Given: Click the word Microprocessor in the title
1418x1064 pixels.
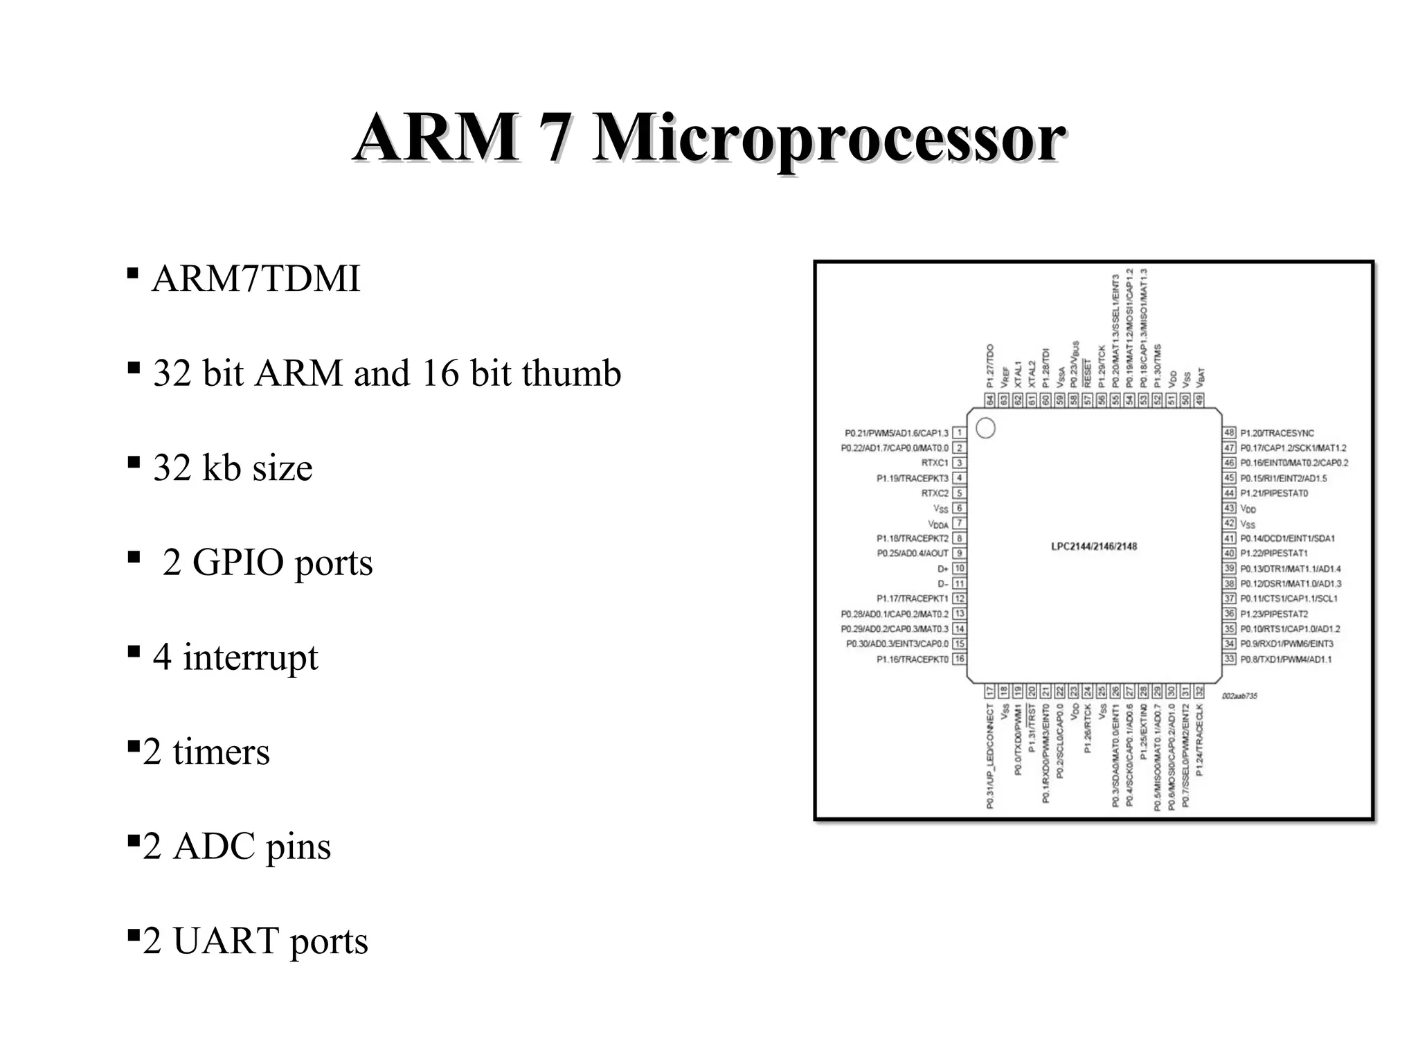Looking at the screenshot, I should pyautogui.click(x=827, y=138).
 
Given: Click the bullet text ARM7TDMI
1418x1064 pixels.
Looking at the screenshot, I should pyautogui.click(x=255, y=279).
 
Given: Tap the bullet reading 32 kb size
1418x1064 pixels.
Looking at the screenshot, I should pyautogui.click(x=233, y=468).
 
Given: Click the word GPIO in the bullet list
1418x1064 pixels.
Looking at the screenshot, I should pyautogui.click(x=236, y=562).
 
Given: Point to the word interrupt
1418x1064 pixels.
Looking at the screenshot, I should pyautogui.click(x=250, y=657).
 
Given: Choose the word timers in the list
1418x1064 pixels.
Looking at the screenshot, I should pyautogui.click(x=221, y=752).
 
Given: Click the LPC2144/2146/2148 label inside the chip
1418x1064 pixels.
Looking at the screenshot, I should pyautogui.click(x=1094, y=547).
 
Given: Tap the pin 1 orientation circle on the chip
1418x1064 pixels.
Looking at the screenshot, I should pyautogui.click(x=985, y=429).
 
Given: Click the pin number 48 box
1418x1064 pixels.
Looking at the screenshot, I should pyautogui.click(x=1229, y=433).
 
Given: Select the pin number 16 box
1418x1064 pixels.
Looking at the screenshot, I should pyautogui.click(x=959, y=659).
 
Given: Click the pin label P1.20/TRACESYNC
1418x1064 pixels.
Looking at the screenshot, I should pyautogui.click(x=1277, y=433).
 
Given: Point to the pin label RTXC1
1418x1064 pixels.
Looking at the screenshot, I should pyautogui.click(x=934, y=463).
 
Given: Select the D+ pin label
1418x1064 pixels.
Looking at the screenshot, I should pyautogui.click(x=942, y=569).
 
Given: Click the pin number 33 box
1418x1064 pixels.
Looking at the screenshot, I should pyautogui.click(x=1229, y=659).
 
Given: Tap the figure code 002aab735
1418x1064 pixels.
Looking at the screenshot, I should pyautogui.click(x=1239, y=695).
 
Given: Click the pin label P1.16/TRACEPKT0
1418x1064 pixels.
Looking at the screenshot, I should pyautogui.click(x=912, y=659).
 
